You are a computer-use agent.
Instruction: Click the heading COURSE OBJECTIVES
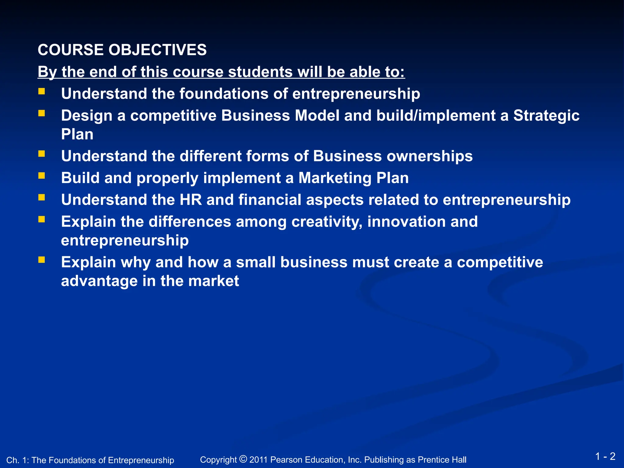[x=122, y=50]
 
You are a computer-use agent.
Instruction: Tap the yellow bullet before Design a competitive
[x=42, y=113]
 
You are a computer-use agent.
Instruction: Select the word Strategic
[x=546, y=116]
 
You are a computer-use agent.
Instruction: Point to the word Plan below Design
[x=77, y=134]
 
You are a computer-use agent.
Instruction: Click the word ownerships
[x=429, y=156]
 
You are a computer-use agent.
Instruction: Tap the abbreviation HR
[x=191, y=200]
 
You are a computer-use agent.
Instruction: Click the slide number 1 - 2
[x=605, y=456]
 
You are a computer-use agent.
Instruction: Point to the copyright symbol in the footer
[x=243, y=459]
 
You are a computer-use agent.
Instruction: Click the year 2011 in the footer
[x=258, y=460]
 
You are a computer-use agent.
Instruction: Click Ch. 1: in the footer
[x=17, y=460]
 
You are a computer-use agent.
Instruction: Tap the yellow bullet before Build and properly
[x=42, y=175]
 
